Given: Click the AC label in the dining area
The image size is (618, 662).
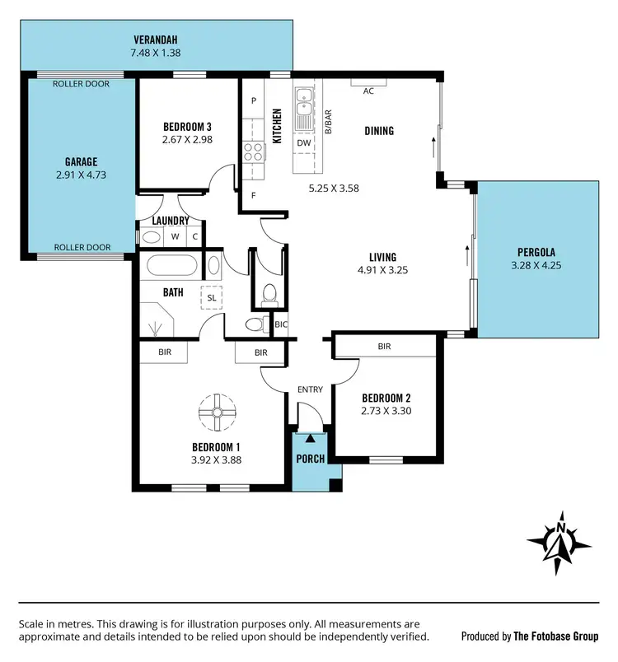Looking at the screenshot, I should coord(368,91).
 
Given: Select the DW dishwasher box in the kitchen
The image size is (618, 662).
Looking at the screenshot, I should coord(304,142).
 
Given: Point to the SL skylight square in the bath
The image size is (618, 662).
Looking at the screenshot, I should coord(211,297).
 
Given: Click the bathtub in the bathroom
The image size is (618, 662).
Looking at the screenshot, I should coord(171,267).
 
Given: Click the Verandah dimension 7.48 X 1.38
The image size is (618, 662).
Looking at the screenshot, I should coord(157,53).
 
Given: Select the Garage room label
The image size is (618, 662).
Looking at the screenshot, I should coord(82,161).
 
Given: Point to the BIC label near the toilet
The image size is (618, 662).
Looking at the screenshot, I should coord(280,324).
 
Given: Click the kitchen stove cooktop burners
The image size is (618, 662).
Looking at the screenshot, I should coord(253,152).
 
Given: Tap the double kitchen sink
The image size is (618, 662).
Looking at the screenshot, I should coord(304,100).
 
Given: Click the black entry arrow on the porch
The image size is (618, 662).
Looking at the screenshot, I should coord(309,438).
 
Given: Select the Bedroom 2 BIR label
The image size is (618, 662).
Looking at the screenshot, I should coord(384,347).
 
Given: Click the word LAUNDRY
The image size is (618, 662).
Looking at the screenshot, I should coord(171,221).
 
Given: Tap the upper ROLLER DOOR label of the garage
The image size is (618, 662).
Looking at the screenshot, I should coord(82,84).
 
